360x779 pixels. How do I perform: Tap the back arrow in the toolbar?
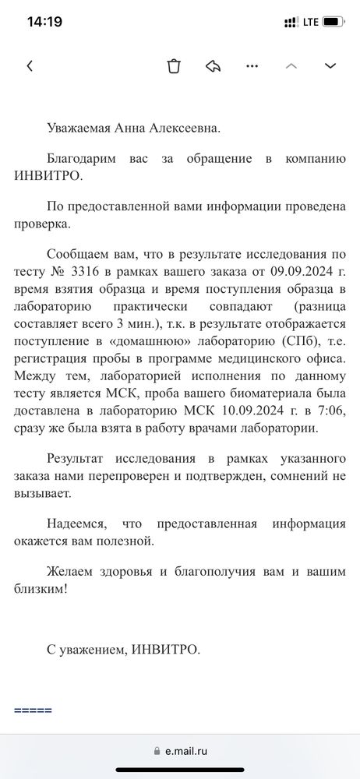30,66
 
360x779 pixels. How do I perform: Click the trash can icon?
174,66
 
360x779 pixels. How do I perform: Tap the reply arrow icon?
213,66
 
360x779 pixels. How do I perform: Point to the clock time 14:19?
44,22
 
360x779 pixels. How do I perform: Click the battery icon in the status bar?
334,22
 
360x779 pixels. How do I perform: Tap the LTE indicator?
310,22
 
